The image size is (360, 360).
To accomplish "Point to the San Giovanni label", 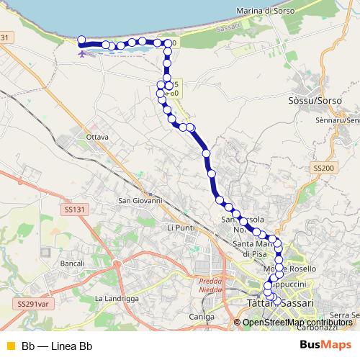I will point(140,200).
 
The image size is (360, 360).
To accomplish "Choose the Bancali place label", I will point(72,264).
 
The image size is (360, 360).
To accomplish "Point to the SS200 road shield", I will point(323,167).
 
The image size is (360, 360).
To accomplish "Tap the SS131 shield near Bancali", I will point(73,209).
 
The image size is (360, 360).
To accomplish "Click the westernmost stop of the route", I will point(81,40).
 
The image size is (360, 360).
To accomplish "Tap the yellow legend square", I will point(9,344).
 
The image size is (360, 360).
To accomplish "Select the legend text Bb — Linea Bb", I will point(57,344).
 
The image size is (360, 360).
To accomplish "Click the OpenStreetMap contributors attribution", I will point(297,322).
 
